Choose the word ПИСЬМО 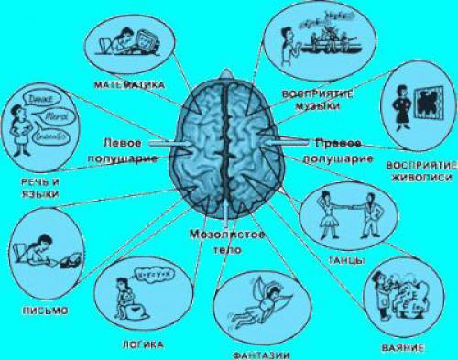pyautogui.click(x=43, y=310)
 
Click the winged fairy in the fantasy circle pyautogui.click(x=250, y=298)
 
